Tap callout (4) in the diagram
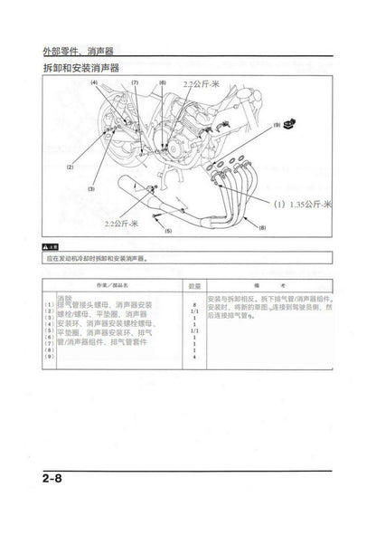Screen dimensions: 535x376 [x=93, y=83]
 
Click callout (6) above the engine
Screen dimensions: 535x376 [x=162, y=83]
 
